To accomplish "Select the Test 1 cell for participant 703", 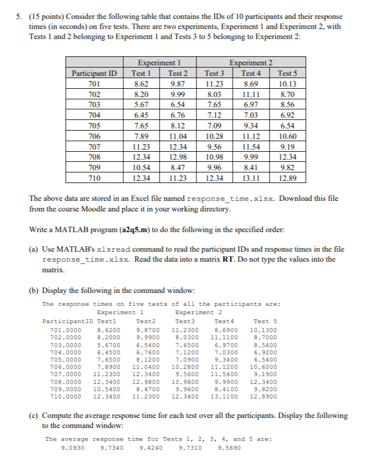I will point(141,104).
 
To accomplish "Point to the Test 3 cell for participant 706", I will point(214,136).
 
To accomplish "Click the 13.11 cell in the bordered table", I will point(251,179).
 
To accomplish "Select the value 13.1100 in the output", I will point(223,397).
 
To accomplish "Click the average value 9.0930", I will point(73,447).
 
